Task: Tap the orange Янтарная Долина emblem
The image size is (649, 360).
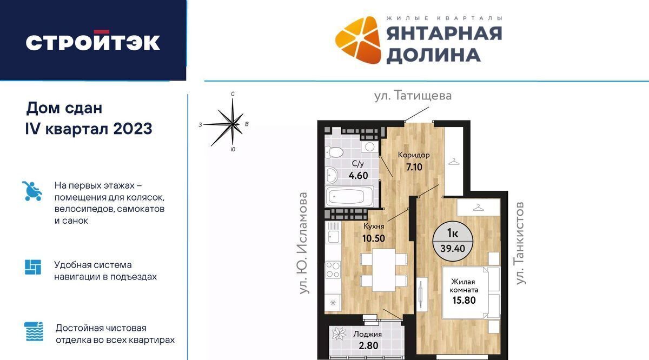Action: pyautogui.click(x=358, y=40)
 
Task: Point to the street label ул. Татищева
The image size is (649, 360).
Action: pyautogui.click(x=413, y=96)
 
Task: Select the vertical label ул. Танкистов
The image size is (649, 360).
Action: pyautogui.click(x=520, y=243)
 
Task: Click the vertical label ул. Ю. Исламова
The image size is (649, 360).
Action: pyautogui.click(x=303, y=243)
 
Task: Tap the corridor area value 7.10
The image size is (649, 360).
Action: pyautogui.click(x=414, y=167)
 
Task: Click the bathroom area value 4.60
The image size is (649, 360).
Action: pyautogui.click(x=359, y=176)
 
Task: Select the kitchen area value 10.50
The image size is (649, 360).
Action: pyautogui.click(x=374, y=238)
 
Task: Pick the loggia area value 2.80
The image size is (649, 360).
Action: pyautogui.click(x=368, y=345)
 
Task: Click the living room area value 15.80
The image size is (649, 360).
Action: pyautogui.click(x=464, y=300)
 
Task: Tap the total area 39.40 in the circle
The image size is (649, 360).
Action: pyautogui.click(x=453, y=249)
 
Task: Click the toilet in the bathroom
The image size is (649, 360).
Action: pyautogui.click(x=334, y=152)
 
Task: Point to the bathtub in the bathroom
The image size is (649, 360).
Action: pyautogui.click(x=349, y=196)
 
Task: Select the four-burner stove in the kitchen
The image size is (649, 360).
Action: pyautogui.click(x=333, y=270)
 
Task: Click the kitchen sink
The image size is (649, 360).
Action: pyautogui.click(x=333, y=236)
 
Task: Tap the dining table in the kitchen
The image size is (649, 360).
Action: pyautogui.click(x=384, y=270)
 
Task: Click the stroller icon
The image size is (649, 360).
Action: pyautogui.click(x=32, y=191)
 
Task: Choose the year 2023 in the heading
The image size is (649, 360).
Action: pyautogui.click(x=133, y=129)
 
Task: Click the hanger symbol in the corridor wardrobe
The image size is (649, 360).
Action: pyautogui.click(x=454, y=162)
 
